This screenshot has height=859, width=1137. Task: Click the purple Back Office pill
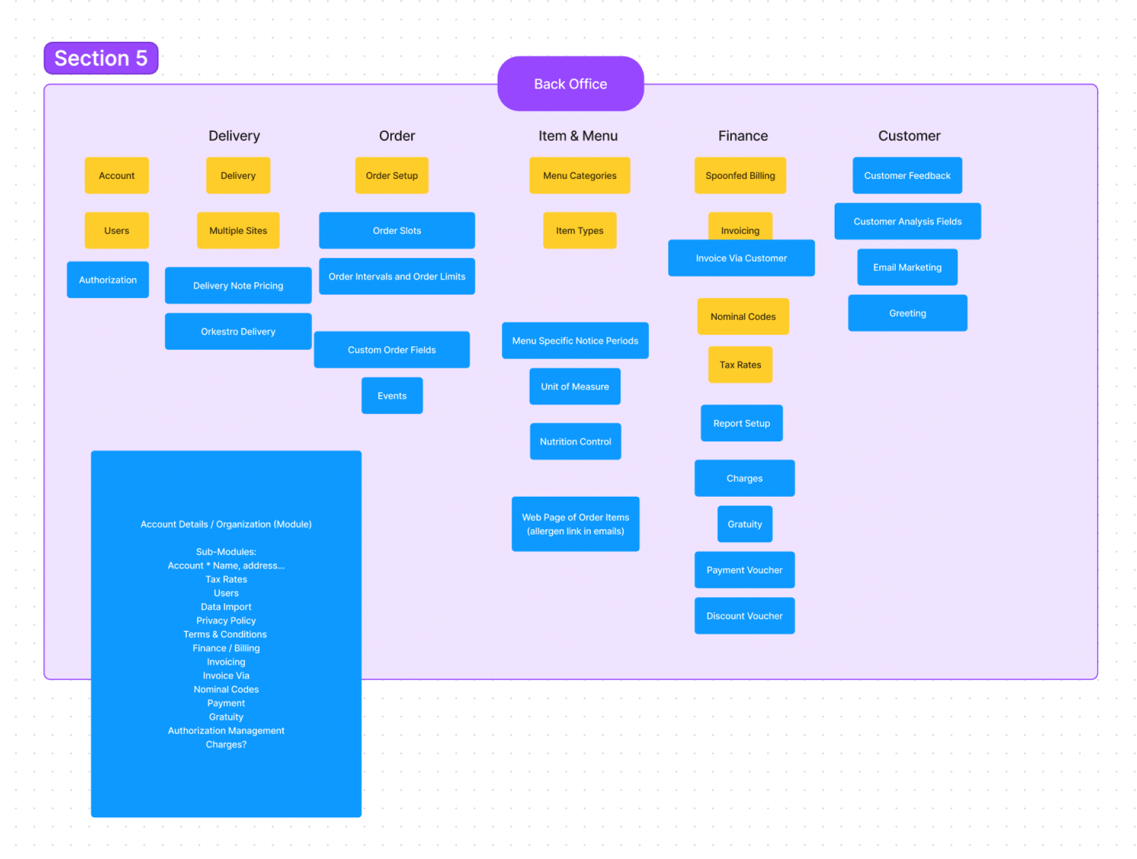coord(570,83)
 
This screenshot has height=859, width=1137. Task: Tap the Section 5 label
coord(101,58)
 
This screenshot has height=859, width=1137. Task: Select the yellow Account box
coord(117,175)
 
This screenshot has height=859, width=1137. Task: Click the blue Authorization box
coord(108,279)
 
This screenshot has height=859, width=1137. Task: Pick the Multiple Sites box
coord(238,230)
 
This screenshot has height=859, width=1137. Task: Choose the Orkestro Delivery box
coord(238,332)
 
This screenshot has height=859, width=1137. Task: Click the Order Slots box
coord(397,230)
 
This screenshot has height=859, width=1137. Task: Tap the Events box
coord(392,396)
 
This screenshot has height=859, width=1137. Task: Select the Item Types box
coord(579,230)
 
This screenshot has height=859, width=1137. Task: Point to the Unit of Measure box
coord(575,387)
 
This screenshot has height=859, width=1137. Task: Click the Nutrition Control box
coord(575,442)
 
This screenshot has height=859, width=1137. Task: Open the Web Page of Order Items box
coord(575,524)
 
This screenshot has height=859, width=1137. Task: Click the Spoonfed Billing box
coord(740,175)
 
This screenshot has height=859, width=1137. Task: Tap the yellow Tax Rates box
coord(740,365)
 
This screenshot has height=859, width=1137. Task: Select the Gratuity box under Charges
coord(744,524)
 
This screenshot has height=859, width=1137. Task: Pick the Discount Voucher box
coord(744,616)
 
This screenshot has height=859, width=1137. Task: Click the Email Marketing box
coord(907,267)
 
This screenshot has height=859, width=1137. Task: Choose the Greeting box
coord(907,313)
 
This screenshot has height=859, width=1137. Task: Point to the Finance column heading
coord(743,136)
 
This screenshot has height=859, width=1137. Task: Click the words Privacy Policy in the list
coord(226,621)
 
